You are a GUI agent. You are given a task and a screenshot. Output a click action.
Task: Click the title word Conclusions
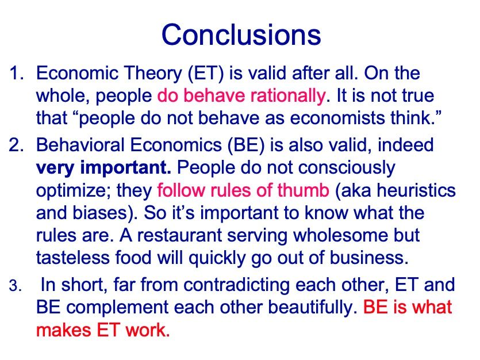click(x=241, y=35)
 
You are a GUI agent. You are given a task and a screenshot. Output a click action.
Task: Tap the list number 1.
click(x=17, y=74)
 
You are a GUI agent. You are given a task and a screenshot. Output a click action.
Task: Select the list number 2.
click(x=17, y=145)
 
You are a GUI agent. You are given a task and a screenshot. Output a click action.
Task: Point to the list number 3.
click(x=16, y=286)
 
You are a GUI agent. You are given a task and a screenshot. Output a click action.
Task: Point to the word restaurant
click(x=179, y=235)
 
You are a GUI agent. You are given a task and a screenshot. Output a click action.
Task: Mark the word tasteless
click(x=73, y=258)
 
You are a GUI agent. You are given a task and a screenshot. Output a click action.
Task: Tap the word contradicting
click(x=236, y=285)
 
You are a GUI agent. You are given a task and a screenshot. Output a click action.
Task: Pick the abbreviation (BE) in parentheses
click(x=246, y=145)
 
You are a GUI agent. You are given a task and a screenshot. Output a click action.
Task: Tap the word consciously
click(x=347, y=168)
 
